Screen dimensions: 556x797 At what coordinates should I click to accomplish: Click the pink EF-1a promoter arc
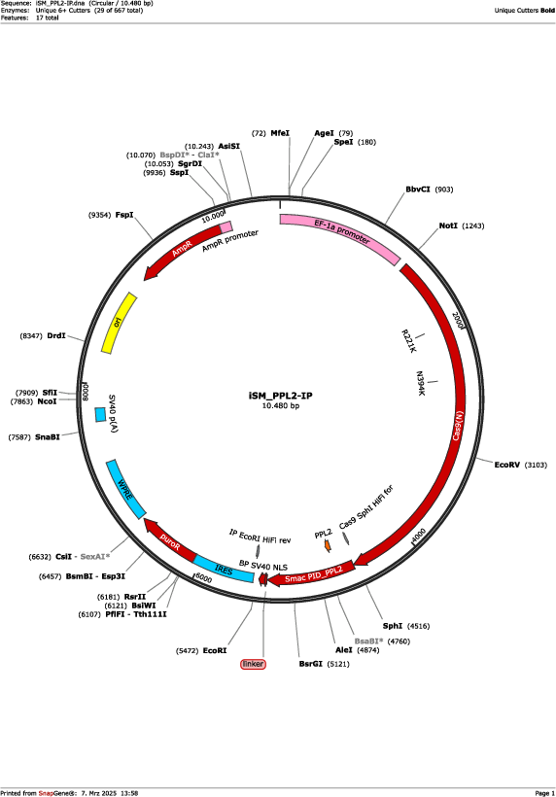point(339,234)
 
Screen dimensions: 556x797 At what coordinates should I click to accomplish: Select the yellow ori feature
point(119,323)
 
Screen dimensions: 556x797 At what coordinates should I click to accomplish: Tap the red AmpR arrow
point(183,250)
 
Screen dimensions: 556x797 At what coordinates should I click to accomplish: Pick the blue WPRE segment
point(125,489)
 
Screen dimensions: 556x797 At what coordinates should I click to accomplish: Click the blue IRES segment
point(225,570)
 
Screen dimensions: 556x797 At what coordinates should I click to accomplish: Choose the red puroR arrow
point(170,540)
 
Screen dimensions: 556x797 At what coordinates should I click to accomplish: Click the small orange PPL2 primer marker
point(328,545)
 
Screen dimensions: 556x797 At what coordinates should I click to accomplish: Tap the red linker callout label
point(253,664)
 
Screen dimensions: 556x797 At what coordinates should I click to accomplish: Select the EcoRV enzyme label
point(507,465)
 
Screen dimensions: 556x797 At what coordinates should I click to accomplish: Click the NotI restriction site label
point(448,225)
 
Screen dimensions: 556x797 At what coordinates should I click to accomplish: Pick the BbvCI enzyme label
point(418,190)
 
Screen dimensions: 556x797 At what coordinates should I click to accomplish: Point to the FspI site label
point(124,215)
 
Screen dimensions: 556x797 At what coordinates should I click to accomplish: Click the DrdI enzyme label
point(56,336)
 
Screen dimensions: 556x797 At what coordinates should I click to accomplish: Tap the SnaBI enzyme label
point(48,437)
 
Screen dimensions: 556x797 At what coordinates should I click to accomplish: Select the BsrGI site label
point(310,664)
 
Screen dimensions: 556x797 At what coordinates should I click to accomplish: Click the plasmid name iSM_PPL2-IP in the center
point(281,396)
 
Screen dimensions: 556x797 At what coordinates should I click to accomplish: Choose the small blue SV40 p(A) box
point(100,415)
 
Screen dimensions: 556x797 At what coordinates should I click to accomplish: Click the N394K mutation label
point(420,384)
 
